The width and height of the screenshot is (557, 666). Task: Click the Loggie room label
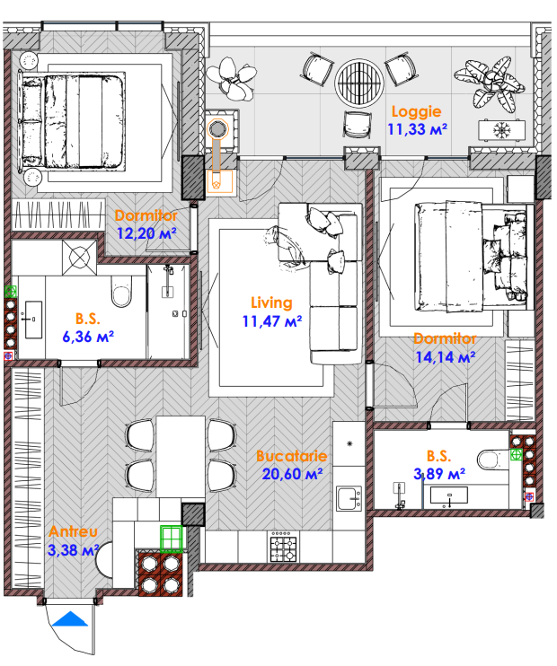(416, 111)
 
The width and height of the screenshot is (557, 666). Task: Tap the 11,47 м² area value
(272, 321)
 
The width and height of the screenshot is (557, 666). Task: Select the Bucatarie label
(292, 456)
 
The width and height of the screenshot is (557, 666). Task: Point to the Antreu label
(73, 531)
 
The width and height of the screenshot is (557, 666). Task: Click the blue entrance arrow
(69, 618)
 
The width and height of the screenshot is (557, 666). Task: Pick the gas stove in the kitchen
(284, 547)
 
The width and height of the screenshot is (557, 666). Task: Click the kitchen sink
(349, 498)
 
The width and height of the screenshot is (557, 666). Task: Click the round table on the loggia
(359, 83)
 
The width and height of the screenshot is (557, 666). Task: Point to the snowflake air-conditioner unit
(501, 130)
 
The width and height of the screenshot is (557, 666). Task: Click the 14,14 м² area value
(446, 357)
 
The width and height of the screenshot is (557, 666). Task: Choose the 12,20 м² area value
(146, 232)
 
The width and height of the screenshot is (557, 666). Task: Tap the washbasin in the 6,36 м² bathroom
(33, 320)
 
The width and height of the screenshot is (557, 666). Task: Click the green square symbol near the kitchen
(172, 539)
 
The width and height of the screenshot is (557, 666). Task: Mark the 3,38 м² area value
(73, 550)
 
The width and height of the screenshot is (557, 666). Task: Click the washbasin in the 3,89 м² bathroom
(449, 495)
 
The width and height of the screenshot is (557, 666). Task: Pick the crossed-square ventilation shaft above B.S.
(79, 258)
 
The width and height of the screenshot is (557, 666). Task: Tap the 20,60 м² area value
(292, 474)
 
